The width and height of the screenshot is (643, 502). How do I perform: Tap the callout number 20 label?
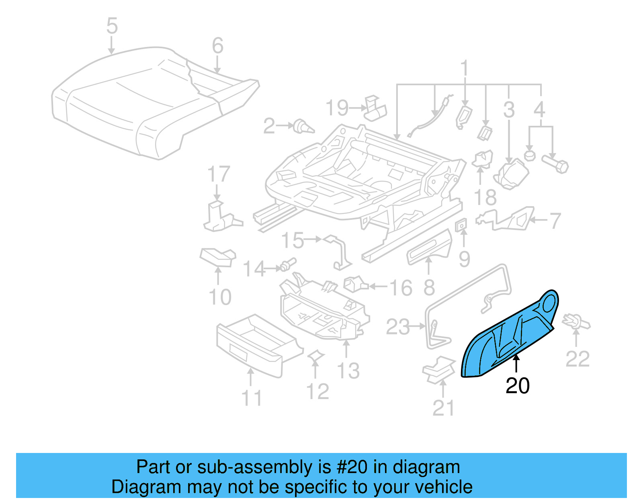click(x=517, y=386)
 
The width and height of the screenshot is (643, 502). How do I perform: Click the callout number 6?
click(x=217, y=46)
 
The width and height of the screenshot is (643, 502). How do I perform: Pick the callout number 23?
click(x=397, y=327)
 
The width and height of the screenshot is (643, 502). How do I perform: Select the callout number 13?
click(x=348, y=371)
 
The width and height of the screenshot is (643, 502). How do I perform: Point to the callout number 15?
click(x=293, y=240)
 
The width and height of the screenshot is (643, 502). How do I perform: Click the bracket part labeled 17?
click(x=219, y=217)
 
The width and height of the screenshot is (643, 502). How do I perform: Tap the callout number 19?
click(x=337, y=108)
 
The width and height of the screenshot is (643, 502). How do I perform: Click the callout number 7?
click(x=555, y=221)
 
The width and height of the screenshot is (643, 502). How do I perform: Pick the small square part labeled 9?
click(x=461, y=225)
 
